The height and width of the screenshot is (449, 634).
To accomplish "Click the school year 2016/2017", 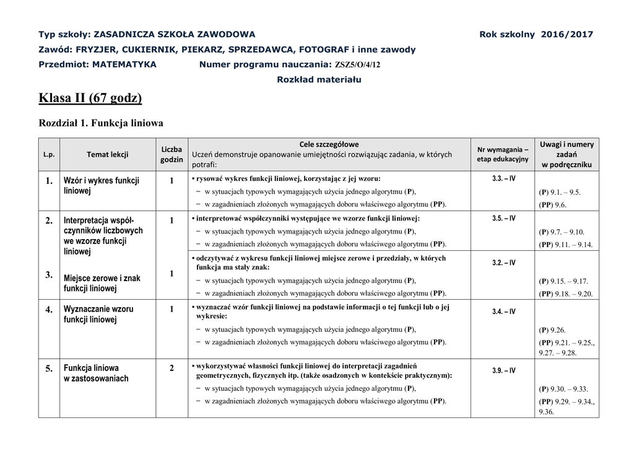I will (567, 34).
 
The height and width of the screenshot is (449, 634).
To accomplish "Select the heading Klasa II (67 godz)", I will (90, 97).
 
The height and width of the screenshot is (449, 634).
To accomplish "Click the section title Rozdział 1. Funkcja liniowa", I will (101, 123).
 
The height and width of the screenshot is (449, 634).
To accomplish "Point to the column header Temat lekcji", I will (107, 154).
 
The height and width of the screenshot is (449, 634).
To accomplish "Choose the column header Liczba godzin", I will (172, 154).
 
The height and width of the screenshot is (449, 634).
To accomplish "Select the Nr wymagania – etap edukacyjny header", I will (502, 154).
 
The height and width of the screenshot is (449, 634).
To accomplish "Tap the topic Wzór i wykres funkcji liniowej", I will (102, 186).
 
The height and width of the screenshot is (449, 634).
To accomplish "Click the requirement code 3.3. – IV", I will (503, 178).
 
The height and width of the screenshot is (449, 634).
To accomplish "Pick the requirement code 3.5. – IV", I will (503, 219).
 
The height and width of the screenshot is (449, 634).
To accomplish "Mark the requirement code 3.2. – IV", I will (503, 263).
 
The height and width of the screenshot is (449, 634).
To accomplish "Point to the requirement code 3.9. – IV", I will (503, 370).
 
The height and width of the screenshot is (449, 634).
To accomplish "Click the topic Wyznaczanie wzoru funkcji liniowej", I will (98, 314).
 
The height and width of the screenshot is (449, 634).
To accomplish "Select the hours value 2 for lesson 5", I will (172, 368).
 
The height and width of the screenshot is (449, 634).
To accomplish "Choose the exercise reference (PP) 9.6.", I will (552, 204).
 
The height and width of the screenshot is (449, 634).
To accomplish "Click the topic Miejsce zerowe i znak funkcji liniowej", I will (102, 284).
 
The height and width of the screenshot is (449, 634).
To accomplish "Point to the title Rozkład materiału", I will (319, 80).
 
